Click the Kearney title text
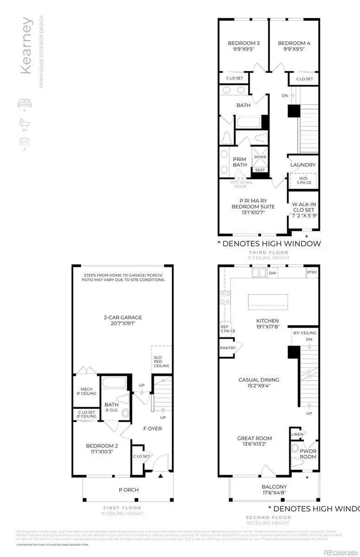click(27, 45)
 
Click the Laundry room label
click(303, 165)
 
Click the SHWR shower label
click(260, 157)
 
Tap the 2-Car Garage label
click(122, 321)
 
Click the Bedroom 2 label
click(102, 449)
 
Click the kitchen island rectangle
click(268, 302)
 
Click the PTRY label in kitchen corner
click(312, 272)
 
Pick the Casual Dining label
click(258, 382)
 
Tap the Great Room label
click(254, 441)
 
